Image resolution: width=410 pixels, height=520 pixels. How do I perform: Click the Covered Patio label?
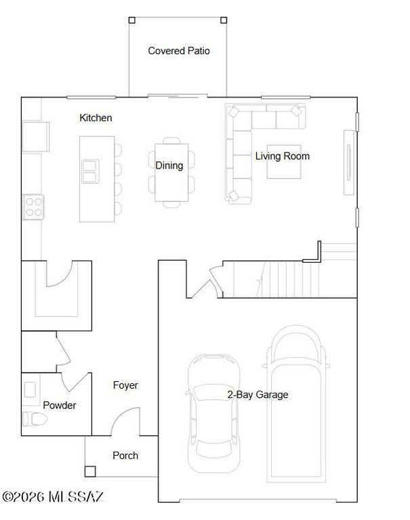(178, 51)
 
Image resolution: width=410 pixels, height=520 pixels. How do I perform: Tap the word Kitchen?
(96, 118)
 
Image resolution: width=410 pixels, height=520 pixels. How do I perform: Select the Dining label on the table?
(169, 165)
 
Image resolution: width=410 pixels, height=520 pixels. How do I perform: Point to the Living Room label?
(282, 156)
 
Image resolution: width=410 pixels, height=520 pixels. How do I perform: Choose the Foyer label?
(125, 385)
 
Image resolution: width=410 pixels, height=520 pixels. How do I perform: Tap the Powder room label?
(60, 406)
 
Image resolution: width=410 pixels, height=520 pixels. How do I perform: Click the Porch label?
(125, 456)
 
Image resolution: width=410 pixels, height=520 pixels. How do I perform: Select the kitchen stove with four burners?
(34, 206)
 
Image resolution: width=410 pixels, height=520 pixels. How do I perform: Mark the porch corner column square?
(90, 471)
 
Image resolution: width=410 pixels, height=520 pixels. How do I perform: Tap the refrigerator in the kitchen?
(34, 137)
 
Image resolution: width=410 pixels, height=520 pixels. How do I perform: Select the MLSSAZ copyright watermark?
(53, 498)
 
